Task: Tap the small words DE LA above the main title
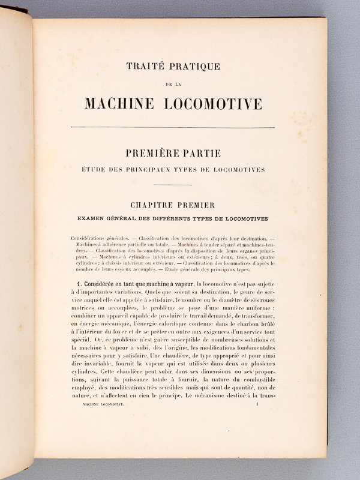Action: (173, 85)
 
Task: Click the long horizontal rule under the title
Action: (173, 127)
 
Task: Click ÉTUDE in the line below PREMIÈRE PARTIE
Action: (95, 170)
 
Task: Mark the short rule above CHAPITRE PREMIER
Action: (173, 185)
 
